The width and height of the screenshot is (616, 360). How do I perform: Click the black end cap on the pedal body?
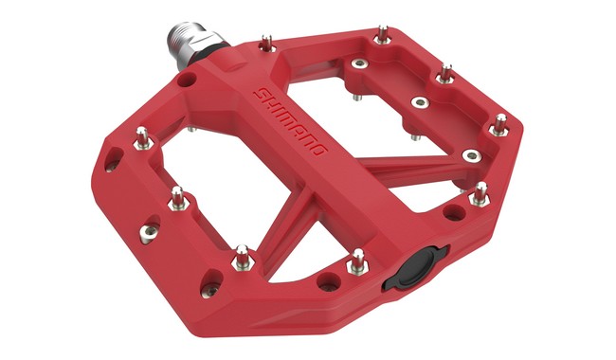416,269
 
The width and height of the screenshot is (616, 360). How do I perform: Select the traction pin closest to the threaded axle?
266,44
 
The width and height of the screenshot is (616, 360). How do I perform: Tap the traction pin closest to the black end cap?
357,261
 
